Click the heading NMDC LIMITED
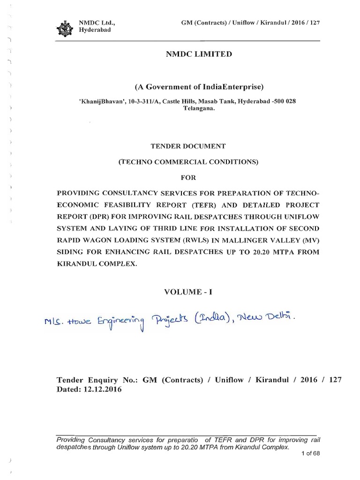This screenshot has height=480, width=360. pyautogui.click(x=199, y=54)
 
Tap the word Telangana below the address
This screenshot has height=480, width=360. pyautogui.click(x=199, y=108)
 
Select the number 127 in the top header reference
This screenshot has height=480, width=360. pyautogui.click(x=315, y=22)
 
